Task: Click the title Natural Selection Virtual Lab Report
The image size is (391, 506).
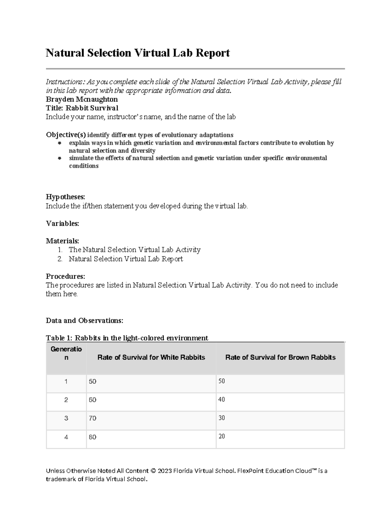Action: point(138,53)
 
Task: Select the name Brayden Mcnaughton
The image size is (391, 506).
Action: point(82,99)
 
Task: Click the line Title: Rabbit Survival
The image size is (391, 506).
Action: point(82,108)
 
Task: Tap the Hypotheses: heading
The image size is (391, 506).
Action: point(65,197)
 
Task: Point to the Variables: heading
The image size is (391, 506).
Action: point(62,224)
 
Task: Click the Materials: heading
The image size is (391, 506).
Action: point(62,241)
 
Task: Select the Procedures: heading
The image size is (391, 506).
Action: point(65,276)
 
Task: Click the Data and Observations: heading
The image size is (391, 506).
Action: point(84,320)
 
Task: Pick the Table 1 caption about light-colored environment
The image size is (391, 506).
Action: point(127,338)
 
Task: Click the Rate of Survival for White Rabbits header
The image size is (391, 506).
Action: point(151,357)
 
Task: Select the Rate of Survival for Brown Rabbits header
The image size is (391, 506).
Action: point(280,357)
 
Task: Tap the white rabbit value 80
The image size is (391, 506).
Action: point(93,437)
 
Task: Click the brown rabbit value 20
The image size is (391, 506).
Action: point(222,436)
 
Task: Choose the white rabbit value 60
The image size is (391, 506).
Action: point(93,400)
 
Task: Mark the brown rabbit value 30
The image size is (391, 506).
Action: point(222,418)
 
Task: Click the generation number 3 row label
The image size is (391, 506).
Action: point(66,418)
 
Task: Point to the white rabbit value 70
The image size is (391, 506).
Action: point(93,418)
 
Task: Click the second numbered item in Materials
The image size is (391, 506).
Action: point(125,259)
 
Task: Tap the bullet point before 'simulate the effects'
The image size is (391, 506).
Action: point(59,158)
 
